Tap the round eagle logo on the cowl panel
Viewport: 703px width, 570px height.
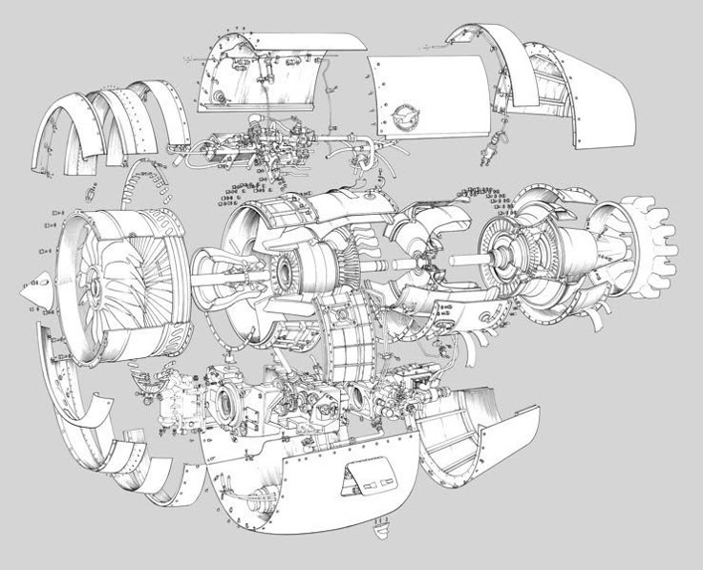(406, 118)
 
